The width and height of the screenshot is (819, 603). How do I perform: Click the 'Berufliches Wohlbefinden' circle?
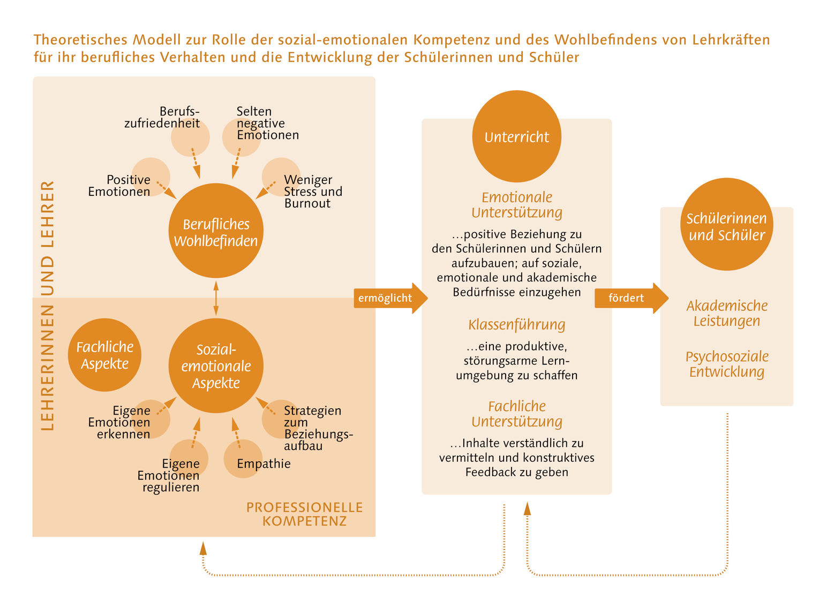(x=216, y=231)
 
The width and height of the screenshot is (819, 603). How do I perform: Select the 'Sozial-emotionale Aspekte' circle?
(x=216, y=366)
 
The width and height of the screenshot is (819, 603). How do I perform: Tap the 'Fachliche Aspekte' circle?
(x=104, y=355)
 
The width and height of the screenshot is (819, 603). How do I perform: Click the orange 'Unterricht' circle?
(x=516, y=136)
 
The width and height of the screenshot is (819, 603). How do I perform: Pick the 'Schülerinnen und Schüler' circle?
(x=726, y=225)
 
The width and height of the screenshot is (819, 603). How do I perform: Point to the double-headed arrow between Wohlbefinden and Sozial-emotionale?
(x=216, y=298)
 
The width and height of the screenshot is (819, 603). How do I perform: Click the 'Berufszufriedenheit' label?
(x=163, y=118)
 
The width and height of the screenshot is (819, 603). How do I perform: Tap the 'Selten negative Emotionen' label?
(x=267, y=123)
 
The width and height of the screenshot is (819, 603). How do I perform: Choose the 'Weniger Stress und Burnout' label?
(x=313, y=192)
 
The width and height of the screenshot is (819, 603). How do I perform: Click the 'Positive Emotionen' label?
(x=120, y=186)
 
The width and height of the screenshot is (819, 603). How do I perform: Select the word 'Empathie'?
(x=264, y=464)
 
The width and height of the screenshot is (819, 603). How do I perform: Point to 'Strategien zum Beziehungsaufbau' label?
(x=317, y=428)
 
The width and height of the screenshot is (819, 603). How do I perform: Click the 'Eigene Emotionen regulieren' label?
(x=169, y=475)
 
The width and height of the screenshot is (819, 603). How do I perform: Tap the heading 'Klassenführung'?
(x=516, y=325)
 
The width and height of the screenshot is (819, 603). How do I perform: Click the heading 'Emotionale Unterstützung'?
(x=516, y=205)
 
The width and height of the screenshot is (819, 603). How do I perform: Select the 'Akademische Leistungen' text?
(x=726, y=314)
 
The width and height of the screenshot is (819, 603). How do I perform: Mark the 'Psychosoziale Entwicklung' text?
(x=726, y=364)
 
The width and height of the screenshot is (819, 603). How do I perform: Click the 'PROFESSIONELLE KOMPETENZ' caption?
(x=304, y=514)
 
